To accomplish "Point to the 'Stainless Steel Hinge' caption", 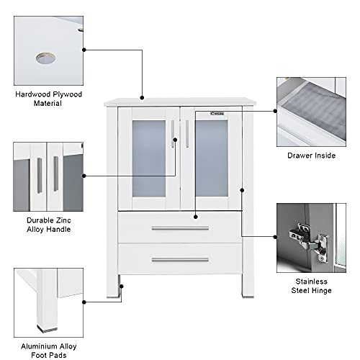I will (311, 286).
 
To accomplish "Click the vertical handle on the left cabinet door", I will (173, 135).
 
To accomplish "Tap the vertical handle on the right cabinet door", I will (188, 135).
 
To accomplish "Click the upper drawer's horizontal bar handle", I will (180, 228).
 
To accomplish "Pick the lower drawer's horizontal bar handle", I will (180, 259).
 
